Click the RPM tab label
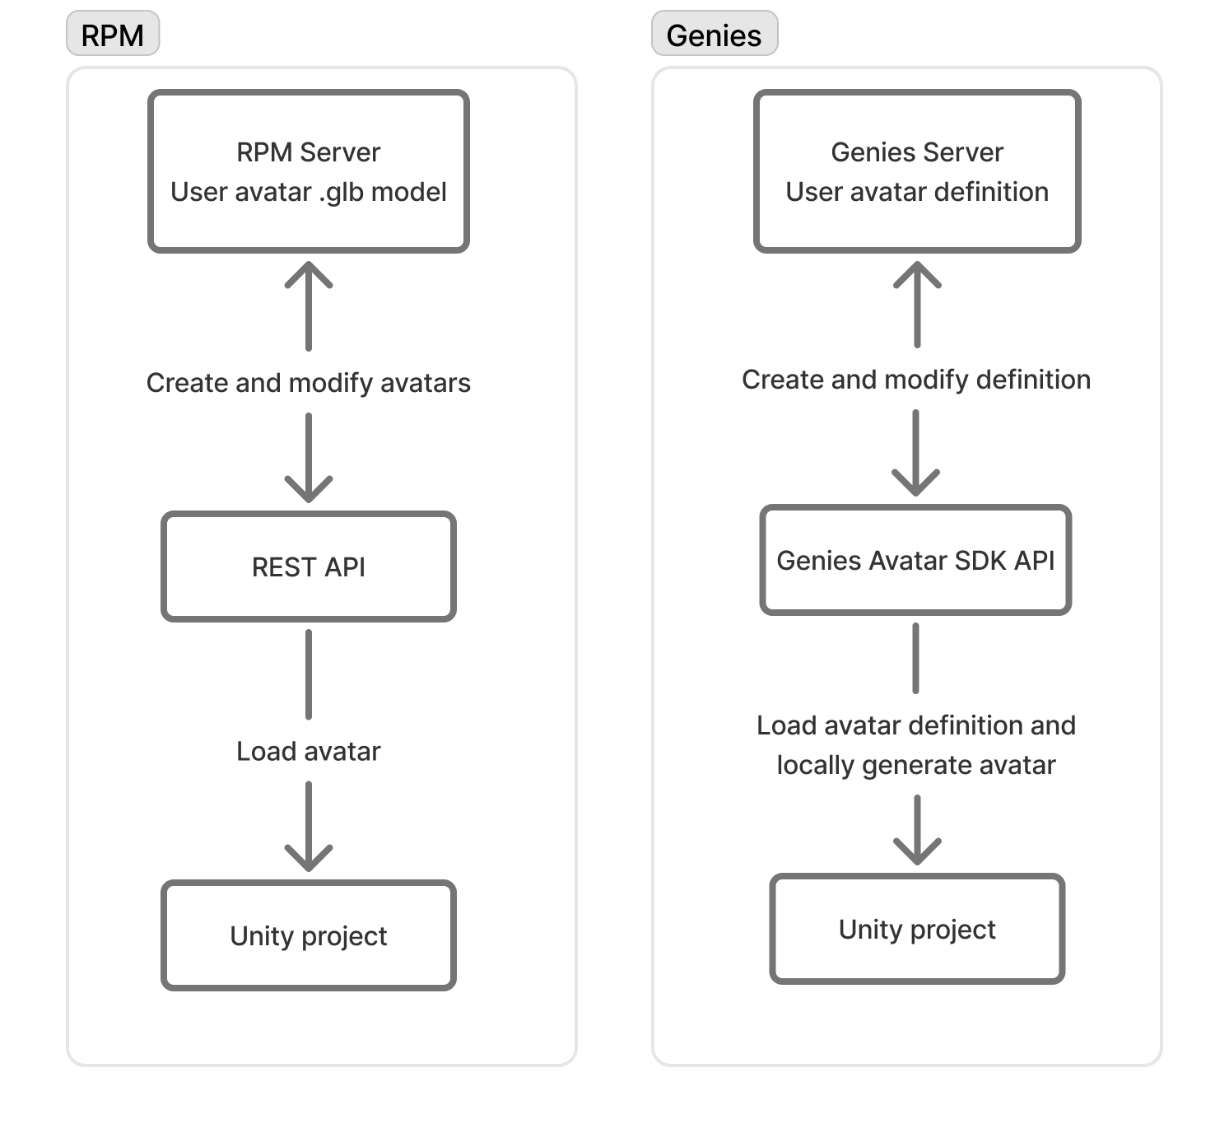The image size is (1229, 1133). point(113,35)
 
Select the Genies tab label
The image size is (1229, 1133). point(714,35)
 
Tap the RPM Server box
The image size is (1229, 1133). point(309,171)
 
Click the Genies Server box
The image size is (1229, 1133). point(917,171)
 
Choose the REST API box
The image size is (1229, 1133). point(309,566)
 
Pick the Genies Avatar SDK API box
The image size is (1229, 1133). point(915,560)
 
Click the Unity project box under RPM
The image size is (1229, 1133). point(309,935)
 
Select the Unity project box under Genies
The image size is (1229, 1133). point(917,929)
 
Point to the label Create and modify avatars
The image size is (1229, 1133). point(309,383)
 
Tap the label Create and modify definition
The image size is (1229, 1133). point(916,380)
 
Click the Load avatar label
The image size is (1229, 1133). point(309,751)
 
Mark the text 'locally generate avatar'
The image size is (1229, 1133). point(916,765)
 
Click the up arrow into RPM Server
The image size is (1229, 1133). point(309,305)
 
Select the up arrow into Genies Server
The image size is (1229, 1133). point(917,303)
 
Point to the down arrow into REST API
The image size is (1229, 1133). point(309,458)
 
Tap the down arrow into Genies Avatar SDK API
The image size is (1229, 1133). point(916,453)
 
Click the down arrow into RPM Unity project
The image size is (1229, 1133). point(309,827)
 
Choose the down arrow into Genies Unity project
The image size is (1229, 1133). point(917,830)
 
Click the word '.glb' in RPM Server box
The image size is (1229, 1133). point(341,193)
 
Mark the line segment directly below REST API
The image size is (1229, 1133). point(309,674)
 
